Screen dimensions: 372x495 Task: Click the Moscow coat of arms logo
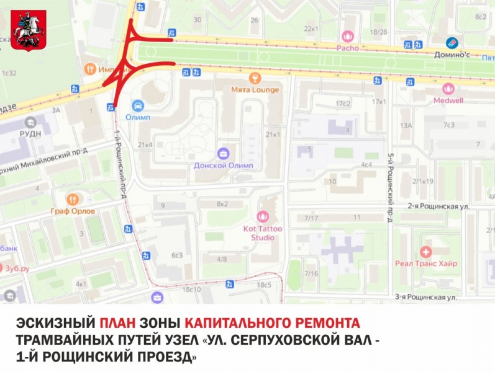[x=29, y=31]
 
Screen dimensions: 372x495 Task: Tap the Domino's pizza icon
[x=452, y=43]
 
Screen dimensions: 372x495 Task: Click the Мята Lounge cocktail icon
[x=254, y=78]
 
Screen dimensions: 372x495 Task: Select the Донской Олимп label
[x=224, y=165]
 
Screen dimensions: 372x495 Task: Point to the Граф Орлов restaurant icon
[x=73, y=199]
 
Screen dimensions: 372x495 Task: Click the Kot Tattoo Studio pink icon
[x=263, y=216]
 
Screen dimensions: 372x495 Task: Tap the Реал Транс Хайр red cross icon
[x=425, y=252]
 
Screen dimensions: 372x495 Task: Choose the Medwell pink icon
[x=448, y=89]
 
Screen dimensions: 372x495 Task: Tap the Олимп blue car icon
[x=138, y=105]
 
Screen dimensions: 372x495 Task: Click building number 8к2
[x=222, y=203]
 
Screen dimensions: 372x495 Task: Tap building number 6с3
[x=177, y=255]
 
